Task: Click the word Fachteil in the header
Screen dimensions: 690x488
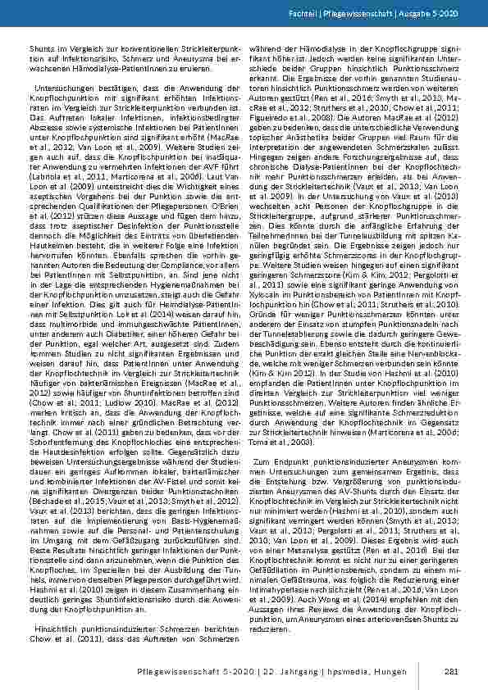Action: pos(322,17)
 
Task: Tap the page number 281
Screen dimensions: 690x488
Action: pos(450,672)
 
